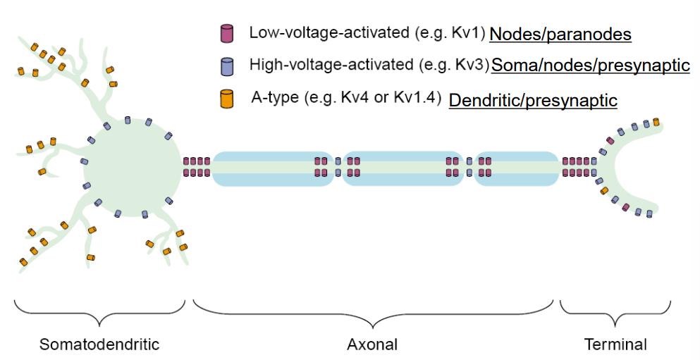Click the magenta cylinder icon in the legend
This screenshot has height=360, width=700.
pos(227,33)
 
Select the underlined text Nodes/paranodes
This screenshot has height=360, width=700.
pos(560,34)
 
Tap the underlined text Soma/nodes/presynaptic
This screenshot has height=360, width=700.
pos(590,66)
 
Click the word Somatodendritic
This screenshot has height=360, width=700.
pos(99,345)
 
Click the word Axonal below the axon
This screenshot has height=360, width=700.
pos(372,345)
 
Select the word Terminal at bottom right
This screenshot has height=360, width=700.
pos(615,345)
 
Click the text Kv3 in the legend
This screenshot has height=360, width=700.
pos(469,66)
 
